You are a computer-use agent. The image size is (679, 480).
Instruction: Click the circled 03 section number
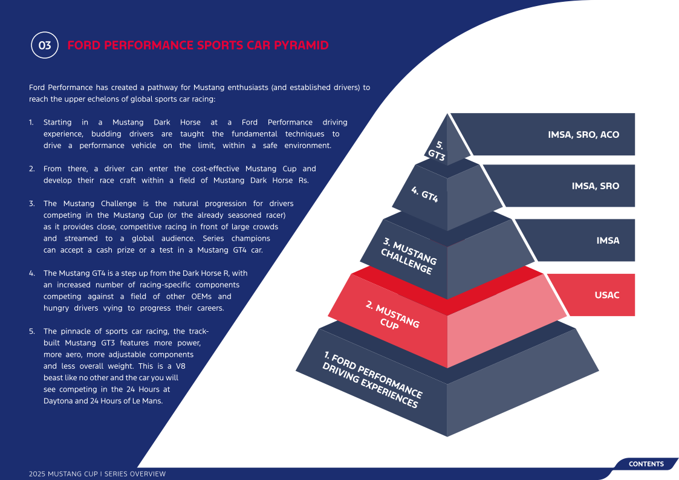(x=45, y=45)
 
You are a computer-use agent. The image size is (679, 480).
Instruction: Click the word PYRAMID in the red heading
(x=301, y=45)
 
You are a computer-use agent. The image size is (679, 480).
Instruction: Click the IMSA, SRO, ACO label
(x=583, y=135)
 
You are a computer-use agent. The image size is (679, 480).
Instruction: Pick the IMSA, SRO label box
(x=563, y=186)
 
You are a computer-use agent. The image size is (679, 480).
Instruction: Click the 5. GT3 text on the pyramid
(x=437, y=150)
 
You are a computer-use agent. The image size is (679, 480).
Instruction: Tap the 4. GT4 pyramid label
(x=425, y=194)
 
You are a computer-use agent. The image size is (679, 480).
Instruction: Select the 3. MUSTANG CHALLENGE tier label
(x=409, y=256)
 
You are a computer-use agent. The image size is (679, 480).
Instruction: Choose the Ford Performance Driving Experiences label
(x=372, y=380)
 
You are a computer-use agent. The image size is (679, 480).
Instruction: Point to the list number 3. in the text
(x=31, y=204)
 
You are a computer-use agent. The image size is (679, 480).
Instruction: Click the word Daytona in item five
(x=58, y=401)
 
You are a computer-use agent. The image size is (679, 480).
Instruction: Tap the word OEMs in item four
(x=201, y=296)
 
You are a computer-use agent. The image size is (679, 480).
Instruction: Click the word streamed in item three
(x=81, y=238)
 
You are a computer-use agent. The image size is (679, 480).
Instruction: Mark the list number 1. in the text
(x=31, y=123)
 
